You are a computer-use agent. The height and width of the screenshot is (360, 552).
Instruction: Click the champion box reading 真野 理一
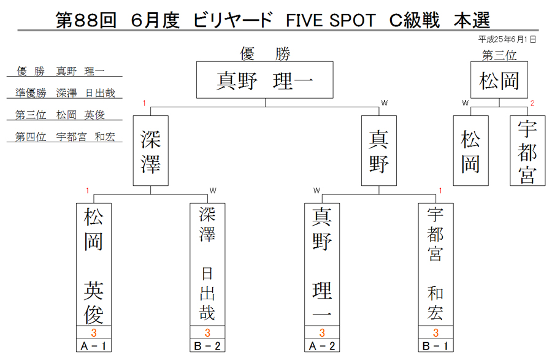pos(265,80)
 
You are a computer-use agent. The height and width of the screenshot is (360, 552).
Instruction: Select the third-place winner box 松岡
pos(499,80)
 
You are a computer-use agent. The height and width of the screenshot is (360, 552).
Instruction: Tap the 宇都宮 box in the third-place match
pos(527,151)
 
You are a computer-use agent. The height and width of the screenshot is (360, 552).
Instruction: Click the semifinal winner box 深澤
pos(151,151)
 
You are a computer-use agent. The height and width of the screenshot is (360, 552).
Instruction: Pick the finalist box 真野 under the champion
pos(379,151)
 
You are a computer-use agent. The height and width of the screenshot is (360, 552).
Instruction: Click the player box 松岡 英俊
pos(94,264)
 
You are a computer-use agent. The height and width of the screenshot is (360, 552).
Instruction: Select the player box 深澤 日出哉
pos(207,264)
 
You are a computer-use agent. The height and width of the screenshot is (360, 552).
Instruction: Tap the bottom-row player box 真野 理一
pos(322,264)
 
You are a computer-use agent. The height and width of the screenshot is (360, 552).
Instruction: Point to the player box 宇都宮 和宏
pos(435,264)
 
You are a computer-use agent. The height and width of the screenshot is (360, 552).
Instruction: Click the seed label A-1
pos(94,346)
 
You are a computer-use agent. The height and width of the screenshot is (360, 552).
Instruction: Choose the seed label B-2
pos(207,346)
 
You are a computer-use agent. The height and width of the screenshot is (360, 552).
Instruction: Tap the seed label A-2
pos(322,346)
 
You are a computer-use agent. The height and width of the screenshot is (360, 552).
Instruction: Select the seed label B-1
pos(435,346)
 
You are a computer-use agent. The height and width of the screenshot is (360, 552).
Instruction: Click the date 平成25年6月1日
pos(507,39)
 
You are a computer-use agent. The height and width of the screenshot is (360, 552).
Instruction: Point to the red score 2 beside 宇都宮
pos(532,103)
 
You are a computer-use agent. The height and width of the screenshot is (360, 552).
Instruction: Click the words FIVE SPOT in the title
pos(331,20)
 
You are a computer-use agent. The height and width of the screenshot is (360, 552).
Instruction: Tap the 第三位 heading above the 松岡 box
pos(499,55)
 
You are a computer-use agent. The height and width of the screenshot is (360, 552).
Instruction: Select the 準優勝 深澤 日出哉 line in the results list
pos(65,93)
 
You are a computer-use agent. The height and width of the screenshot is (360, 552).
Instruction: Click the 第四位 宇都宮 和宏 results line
pos(65,137)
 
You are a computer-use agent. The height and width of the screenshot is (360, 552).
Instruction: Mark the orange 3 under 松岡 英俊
pos(94,333)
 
